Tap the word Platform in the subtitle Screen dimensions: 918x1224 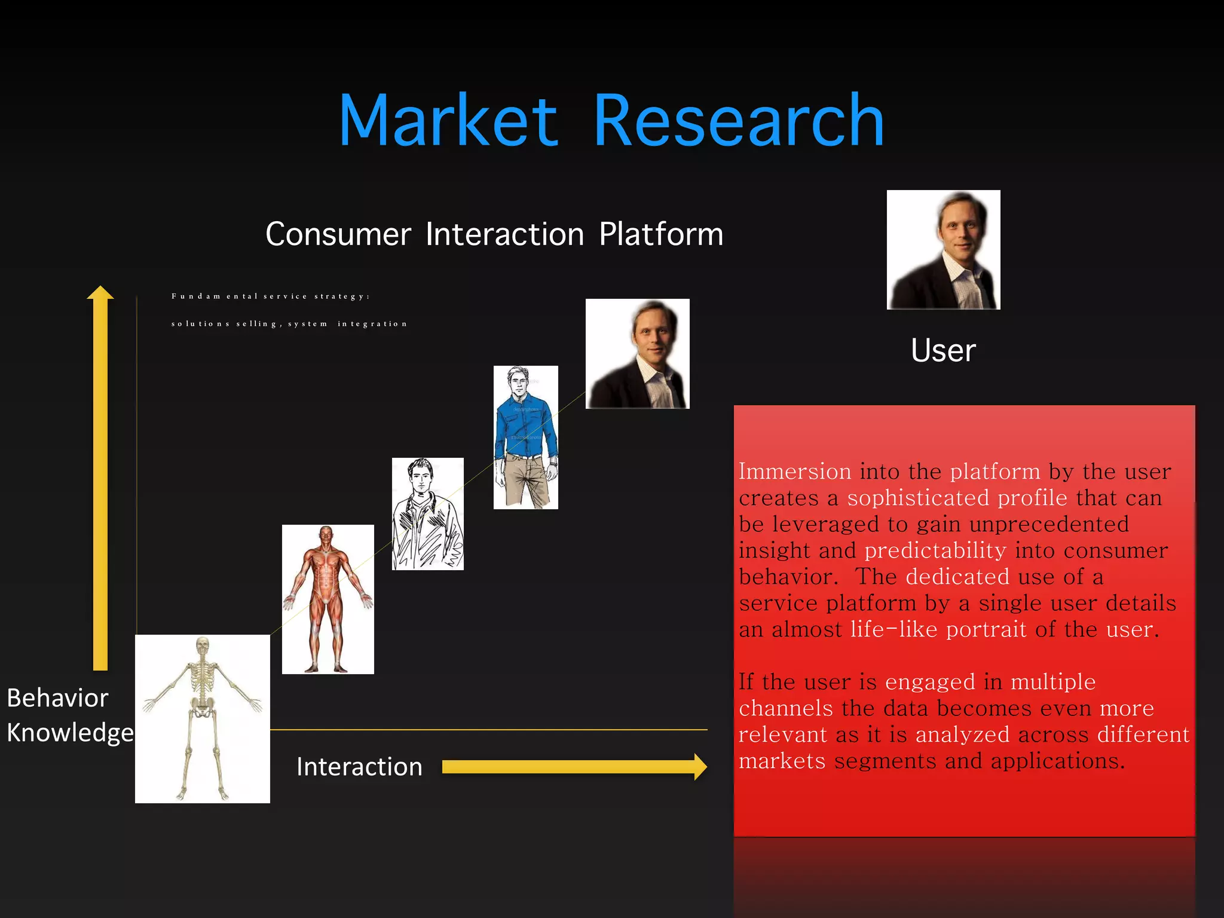click(x=661, y=234)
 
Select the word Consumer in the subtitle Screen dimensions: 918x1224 click(x=338, y=234)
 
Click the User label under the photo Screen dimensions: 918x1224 click(x=943, y=350)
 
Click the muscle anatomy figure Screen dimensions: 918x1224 click(x=328, y=599)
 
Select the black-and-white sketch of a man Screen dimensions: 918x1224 click(x=427, y=514)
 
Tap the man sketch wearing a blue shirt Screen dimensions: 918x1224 click(x=525, y=437)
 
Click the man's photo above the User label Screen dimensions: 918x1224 click(x=943, y=250)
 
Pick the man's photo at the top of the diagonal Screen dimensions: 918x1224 click(x=637, y=354)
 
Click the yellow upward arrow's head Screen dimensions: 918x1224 click(x=100, y=292)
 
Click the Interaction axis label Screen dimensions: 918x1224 click(x=359, y=767)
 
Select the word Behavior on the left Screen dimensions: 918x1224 click(x=57, y=698)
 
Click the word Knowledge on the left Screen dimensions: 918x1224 click(x=70, y=733)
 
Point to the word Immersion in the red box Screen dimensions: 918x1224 click(x=795, y=472)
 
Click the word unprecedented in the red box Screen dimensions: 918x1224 click(x=1049, y=524)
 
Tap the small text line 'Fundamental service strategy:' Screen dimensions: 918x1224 click(x=270, y=296)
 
